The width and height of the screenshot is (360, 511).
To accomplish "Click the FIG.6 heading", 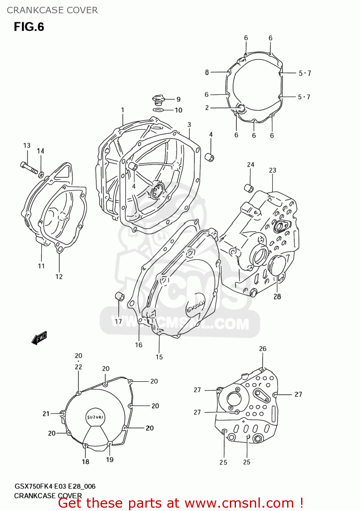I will (29, 27).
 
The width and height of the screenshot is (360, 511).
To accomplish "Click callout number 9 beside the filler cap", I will (178, 99).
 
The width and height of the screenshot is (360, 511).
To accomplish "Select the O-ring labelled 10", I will (158, 110).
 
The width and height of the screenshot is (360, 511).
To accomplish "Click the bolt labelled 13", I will (29, 168).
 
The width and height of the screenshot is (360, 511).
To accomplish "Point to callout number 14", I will (41, 151).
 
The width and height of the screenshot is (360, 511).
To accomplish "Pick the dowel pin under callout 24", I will (249, 188).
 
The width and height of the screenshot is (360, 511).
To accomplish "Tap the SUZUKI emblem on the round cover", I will (95, 417).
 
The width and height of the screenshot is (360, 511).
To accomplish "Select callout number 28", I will (277, 297).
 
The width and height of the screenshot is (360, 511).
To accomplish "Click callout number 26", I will (263, 349).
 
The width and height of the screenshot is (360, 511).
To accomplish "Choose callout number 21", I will (46, 414).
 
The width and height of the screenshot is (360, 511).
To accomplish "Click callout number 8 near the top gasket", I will (207, 72).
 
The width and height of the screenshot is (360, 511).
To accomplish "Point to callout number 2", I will (207, 108).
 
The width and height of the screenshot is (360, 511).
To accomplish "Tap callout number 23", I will (272, 170).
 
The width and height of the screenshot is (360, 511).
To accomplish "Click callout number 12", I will (59, 277).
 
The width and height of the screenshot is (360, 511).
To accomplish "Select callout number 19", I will (110, 460).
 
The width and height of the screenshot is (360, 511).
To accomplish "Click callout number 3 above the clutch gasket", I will (189, 125).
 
